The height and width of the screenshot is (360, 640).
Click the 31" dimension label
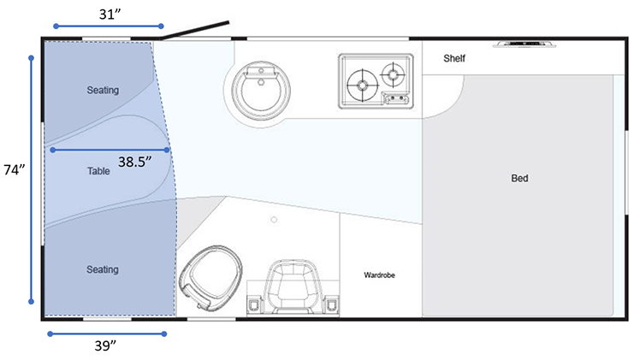coord(110,15)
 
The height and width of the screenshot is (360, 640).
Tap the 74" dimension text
coord(15,169)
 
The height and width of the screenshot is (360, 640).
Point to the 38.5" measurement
coord(135,162)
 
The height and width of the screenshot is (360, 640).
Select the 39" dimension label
coord(106,345)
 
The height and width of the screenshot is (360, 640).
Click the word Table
coord(98,171)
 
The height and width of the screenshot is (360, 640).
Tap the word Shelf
coord(454,58)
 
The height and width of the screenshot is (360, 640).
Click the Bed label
coord(519,178)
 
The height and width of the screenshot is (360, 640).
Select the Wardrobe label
coord(380,275)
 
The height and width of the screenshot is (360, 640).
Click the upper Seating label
coord(103,90)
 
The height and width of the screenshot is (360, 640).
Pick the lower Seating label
coord(103,269)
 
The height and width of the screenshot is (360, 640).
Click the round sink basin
coord(261,90)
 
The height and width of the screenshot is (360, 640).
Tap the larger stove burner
coord(362,86)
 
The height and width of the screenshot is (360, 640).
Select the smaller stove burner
coord(393,74)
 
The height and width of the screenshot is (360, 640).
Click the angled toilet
coord(210,278)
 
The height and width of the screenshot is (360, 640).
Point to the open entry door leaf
coord(195,30)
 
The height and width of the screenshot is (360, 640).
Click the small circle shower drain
coord(274,220)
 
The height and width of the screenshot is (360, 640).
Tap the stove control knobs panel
coord(395,98)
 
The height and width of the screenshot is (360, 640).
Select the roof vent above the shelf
coord(524,44)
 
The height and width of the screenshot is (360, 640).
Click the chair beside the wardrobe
coord(293,288)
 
